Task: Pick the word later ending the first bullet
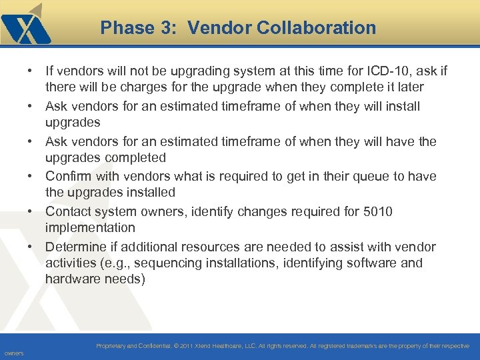[x=408, y=87]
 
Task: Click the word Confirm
[x=69, y=176]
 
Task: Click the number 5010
[x=377, y=211]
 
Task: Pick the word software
[x=372, y=263]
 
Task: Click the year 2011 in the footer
[x=186, y=347]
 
